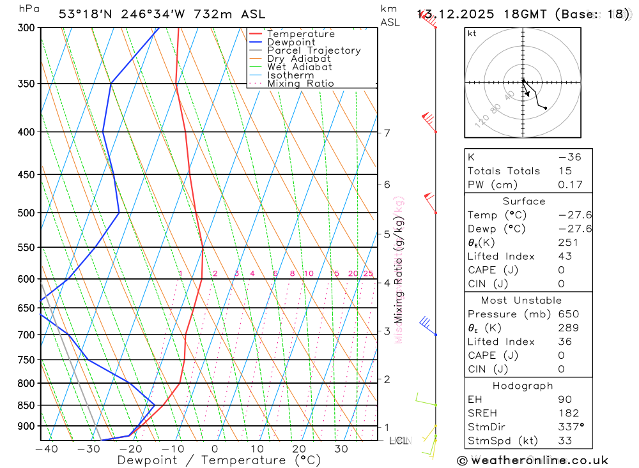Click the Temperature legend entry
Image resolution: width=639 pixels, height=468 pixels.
click(300, 34)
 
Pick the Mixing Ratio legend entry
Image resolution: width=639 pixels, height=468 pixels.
click(300, 84)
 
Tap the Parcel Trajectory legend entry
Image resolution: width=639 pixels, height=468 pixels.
click(314, 50)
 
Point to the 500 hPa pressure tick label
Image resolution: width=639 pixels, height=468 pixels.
click(26, 213)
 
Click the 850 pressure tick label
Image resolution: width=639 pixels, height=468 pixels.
click(26, 405)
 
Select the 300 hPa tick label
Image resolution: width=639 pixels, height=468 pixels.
click(26, 28)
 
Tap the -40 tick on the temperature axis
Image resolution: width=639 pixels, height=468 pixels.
click(46, 449)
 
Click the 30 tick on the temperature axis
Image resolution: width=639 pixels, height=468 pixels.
click(341, 449)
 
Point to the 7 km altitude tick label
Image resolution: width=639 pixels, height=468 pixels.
click(387, 133)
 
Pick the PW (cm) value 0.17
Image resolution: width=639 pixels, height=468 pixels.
click(571, 185)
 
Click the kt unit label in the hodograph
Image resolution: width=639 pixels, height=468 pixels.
click(472, 33)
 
